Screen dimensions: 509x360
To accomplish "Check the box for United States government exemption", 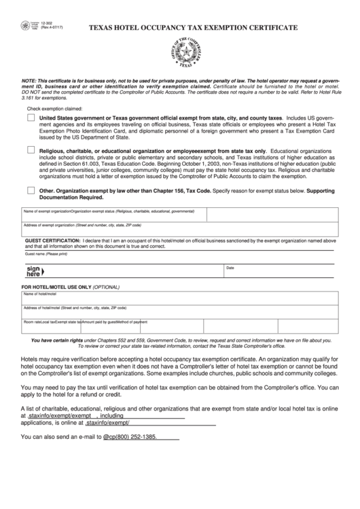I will [31, 118].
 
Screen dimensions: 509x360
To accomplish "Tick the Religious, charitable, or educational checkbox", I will [31, 150].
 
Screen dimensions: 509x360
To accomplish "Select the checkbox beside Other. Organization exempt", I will [31, 190].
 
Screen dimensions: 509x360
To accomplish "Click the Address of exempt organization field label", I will [82, 224].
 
